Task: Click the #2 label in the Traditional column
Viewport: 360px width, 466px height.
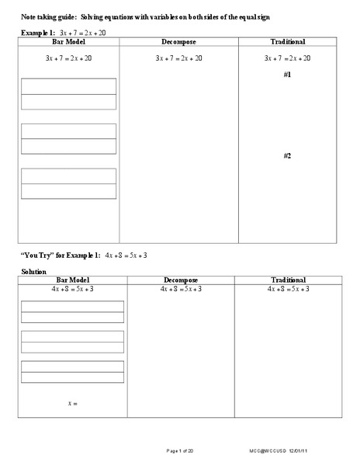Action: click(x=287, y=156)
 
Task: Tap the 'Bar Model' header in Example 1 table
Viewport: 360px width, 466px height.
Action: click(x=69, y=41)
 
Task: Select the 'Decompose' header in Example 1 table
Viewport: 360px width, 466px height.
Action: click(x=178, y=41)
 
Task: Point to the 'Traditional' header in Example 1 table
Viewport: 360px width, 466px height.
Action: click(x=287, y=41)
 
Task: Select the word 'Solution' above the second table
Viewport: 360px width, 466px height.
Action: click(x=33, y=271)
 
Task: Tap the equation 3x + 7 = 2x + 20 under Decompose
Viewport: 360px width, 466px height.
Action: click(x=178, y=58)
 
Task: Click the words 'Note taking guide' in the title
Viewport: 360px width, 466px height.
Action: click(x=48, y=17)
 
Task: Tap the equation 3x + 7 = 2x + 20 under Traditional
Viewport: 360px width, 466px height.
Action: click(x=287, y=58)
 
